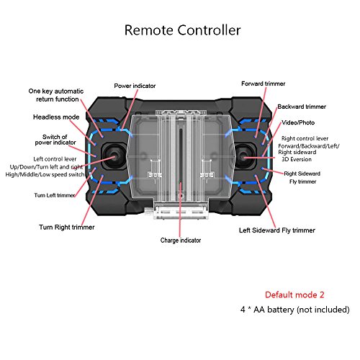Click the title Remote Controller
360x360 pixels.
[182, 30]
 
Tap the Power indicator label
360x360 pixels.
[135, 86]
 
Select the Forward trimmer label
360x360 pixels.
[263, 84]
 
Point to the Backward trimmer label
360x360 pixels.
[302, 107]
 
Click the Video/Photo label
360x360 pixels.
[298, 122]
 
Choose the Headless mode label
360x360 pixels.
[56, 117]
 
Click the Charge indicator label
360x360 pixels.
[181, 240]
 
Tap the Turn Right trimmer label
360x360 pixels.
[67, 227]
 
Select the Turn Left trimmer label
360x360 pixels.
[55, 195]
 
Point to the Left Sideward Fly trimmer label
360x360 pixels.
[277, 230]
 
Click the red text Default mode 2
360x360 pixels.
[294, 294]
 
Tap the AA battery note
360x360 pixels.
[294, 310]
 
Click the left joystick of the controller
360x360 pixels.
[113, 157]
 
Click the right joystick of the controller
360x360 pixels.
[244, 157]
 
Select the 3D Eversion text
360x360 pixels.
[297, 159]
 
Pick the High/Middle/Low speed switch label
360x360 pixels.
[45, 174]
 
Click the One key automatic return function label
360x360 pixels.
[56, 95]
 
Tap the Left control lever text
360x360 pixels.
[55, 159]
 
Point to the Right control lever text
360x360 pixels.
[305, 138]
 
